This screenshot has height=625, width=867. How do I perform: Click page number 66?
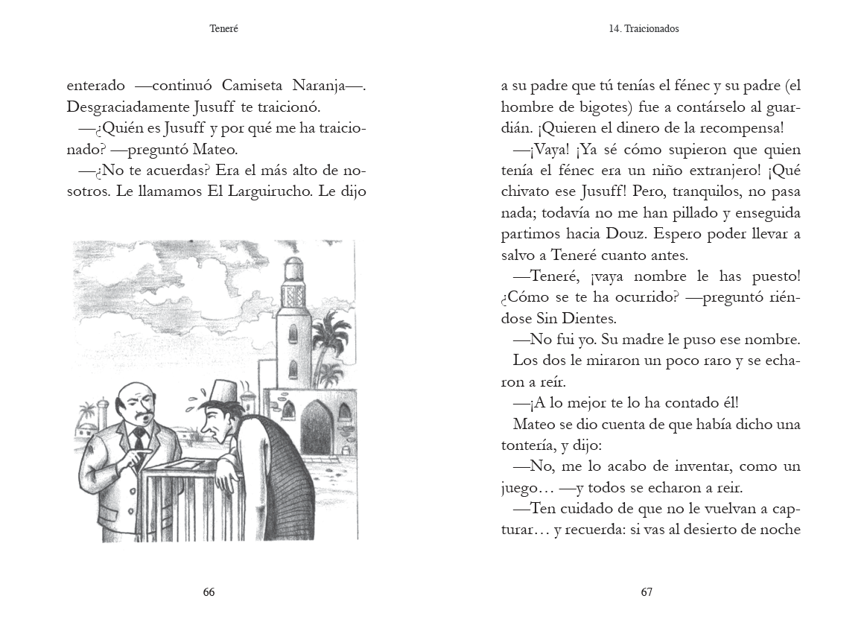[209, 592]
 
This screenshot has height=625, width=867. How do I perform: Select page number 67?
[647, 592]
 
